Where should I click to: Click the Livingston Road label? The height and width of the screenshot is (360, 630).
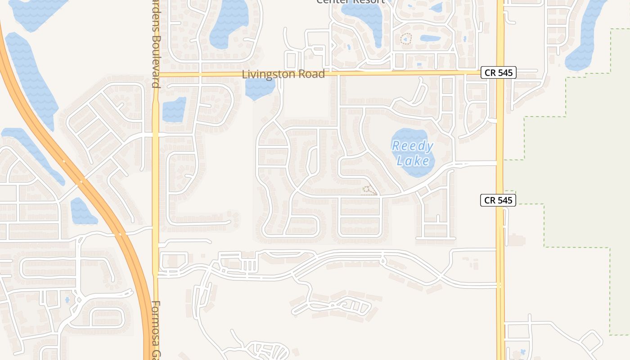(x=283, y=74)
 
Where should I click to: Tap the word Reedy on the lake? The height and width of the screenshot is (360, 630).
(x=412, y=146)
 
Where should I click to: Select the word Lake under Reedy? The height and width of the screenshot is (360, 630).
(x=413, y=160)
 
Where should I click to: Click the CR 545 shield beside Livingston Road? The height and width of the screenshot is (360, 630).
(x=498, y=72)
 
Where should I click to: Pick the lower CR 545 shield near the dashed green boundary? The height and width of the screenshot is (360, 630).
(x=498, y=200)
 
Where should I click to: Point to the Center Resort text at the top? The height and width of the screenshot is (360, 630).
(x=350, y=1)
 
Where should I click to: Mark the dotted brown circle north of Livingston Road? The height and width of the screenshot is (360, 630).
(x=406, y=39)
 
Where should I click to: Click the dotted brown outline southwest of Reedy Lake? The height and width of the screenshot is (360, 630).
(x=369, y=190)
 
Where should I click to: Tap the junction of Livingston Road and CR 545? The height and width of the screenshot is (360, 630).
(x=500, y=72)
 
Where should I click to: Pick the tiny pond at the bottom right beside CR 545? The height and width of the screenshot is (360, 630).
(x=522, y=351)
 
